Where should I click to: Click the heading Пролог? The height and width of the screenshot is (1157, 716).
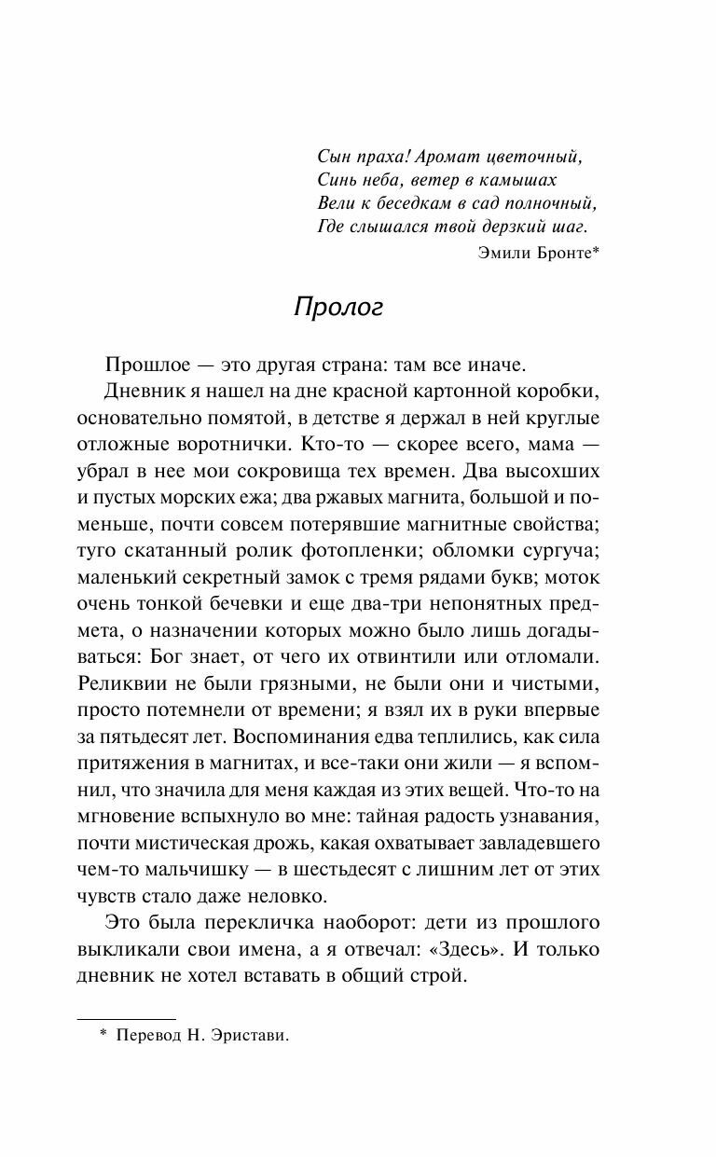click(338, 308)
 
